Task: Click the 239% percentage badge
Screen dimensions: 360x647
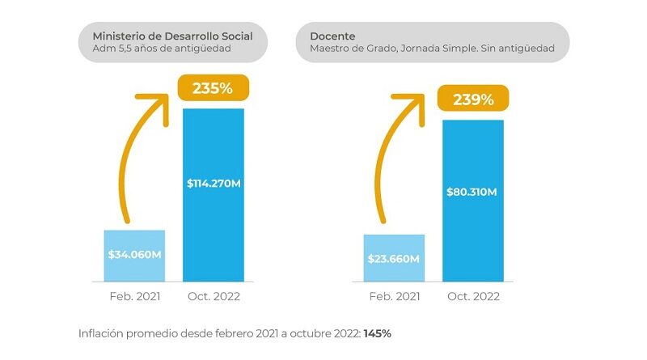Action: point(473,100)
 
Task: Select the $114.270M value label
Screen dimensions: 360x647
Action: point(214,184)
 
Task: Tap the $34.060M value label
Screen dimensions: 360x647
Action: point(134,254)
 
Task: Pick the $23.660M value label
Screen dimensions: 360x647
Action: point(394,258)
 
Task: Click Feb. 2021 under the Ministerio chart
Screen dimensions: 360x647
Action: point(134,296)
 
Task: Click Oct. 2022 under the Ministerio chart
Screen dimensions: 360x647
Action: point(214,296)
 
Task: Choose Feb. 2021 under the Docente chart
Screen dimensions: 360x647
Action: point(394,296)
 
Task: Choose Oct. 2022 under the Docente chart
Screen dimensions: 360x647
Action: point(473,296)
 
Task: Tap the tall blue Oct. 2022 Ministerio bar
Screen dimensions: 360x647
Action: point(214,227)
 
